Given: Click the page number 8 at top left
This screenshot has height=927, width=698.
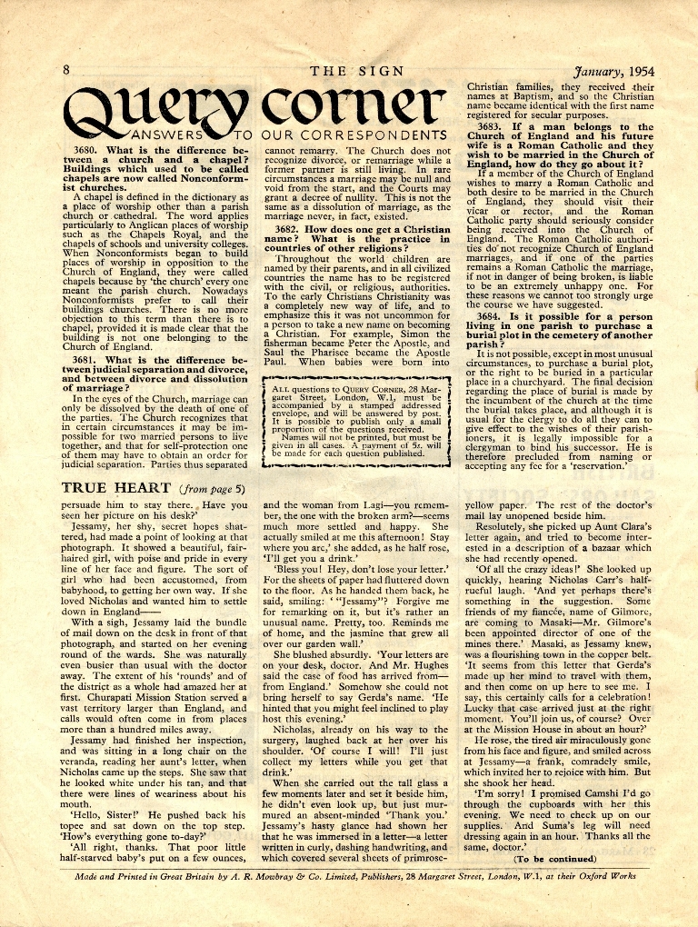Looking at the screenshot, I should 66,71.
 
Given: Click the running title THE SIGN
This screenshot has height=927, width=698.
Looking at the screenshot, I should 356,71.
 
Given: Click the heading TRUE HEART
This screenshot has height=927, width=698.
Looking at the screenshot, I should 116,488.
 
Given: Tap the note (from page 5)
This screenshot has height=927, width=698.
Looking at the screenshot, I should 213,489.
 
